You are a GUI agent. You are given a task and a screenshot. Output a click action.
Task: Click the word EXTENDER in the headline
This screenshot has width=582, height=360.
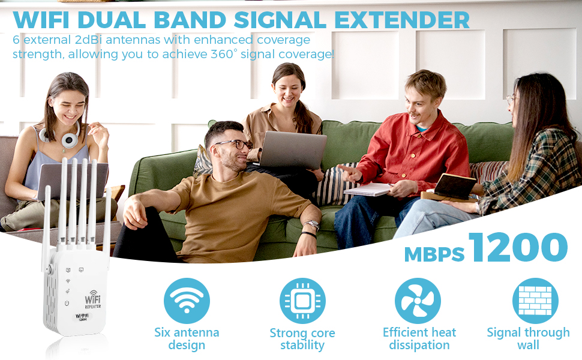pyautogui.click(x=402, y=20)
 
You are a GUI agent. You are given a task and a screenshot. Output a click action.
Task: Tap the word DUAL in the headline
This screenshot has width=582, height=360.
pyautogui.click(x=112, y=20)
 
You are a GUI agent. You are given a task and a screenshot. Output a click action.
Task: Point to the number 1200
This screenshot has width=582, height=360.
pyautogui.click(x=518, y=247)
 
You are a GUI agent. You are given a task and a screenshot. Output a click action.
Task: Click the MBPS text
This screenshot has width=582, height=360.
pyautogui.click(x=434, y=254)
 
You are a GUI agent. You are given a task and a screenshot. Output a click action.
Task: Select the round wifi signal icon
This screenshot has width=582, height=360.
pyautogui.click(x=187, y=301)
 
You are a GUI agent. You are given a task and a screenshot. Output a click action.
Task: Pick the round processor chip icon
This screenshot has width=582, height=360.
pyautogui.click(x=302, y=301)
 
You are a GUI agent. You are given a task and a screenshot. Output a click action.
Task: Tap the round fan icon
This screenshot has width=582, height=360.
pyautogui.click(x=418, y=301)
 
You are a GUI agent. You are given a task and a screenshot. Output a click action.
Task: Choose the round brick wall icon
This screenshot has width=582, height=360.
pyautogui.click(x=535, y=301)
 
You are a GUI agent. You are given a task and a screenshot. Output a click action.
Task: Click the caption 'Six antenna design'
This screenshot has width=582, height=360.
pyautogui.click(x=187, y=338)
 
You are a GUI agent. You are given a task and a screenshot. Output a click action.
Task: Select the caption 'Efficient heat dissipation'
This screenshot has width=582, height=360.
pyautogui.click(x=419, y=338)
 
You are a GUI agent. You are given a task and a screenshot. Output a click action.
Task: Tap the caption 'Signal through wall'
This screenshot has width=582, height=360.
pyautogui.click(x=528, y=338)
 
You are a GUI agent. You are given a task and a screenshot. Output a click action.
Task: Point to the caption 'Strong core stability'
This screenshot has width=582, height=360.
pyautogui.click(x=302, y=338)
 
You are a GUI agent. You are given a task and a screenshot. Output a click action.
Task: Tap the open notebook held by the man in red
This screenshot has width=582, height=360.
pyautogui.click(x=367, y=189)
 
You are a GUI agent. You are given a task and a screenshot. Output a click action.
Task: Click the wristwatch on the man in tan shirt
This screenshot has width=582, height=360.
pyautogui.click(x=312, y=224)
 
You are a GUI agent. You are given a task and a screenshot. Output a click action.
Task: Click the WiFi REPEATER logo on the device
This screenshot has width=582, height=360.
pyautogui.click(x=93, y=299)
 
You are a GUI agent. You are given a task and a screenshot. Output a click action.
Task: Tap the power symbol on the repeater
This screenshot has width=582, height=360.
pyautogui.click(x=67, y=303)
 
